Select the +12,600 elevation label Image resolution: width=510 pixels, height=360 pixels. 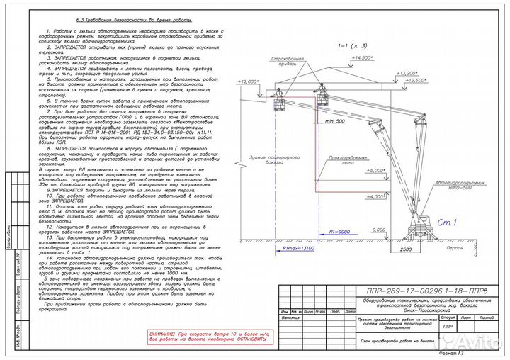(x=439, y=80)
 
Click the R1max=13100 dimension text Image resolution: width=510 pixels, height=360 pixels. (x=298, y=249)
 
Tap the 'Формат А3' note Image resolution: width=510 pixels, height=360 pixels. (x=450, y=352)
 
